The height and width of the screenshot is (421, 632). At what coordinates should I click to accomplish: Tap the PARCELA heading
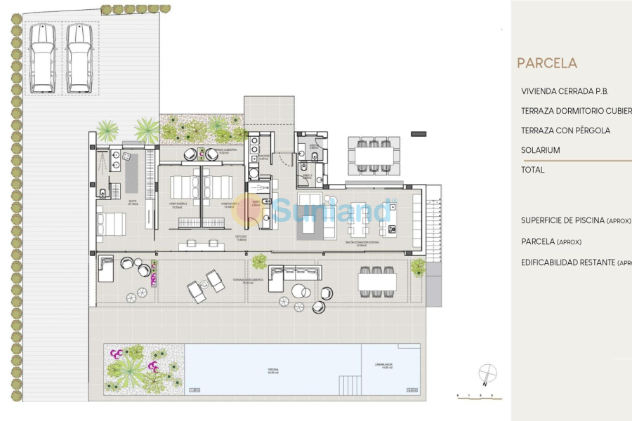coord(547,63)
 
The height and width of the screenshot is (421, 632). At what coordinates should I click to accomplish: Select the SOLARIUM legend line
coord(541,150)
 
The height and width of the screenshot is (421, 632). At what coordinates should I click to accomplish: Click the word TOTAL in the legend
coord(533,170)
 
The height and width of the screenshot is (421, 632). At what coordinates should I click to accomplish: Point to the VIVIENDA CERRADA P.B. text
coord(565,91)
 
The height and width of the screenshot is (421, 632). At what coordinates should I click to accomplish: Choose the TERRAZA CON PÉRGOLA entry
coord(566,131)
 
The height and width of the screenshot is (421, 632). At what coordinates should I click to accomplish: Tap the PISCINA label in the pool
coord(272,370)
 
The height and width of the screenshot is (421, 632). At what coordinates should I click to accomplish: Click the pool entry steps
coord(350,385)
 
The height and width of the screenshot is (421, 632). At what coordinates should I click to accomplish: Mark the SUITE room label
coord(132,201)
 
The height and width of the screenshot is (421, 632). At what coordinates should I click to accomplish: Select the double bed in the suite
coord(112,224)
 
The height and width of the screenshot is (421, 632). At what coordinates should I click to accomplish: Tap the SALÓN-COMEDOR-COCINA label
coord(357,243)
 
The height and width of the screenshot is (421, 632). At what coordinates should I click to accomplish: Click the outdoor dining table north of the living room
coord(374,154)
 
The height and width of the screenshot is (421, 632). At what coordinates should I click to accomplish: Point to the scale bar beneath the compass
coord(479,397)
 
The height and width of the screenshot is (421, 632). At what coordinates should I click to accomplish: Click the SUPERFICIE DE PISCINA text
coord(562,220)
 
